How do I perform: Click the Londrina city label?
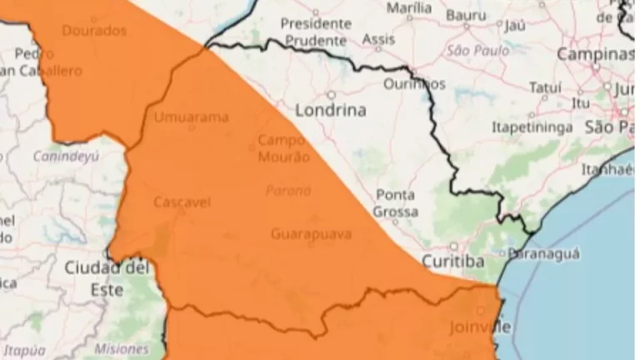point(330,110)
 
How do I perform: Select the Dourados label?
point(94,31)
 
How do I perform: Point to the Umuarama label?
point(191,117)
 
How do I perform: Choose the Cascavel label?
point(182,202)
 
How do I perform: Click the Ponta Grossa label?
point(397,203)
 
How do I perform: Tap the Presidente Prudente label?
point(315,32)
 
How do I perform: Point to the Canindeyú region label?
point(66,156)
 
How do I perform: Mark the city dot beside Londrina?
point(331,94)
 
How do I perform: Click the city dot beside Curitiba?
point(453,247)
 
